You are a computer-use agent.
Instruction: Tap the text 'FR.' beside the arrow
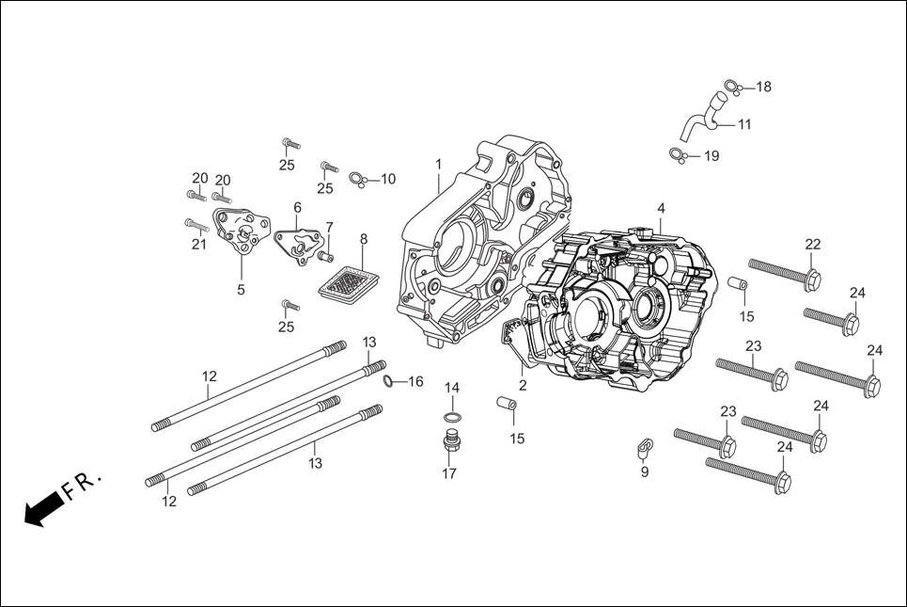[82, 485]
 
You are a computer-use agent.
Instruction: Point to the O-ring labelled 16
[388, 380]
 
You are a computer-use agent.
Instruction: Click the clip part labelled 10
[356, 178]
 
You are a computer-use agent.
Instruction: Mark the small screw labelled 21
[196, 225]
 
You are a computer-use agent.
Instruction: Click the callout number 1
[438, 165]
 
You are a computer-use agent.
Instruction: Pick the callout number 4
[661, 208]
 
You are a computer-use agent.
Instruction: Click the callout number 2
[523, 385]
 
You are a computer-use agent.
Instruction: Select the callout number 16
[414, 381]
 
